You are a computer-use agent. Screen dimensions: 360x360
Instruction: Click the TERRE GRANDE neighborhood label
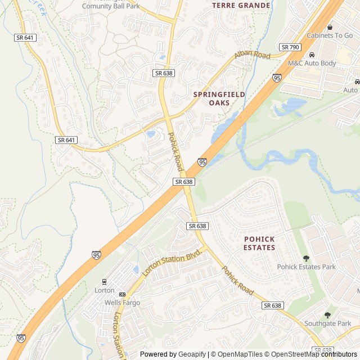[x=241, y=5]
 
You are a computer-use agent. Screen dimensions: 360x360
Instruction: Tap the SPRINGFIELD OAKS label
[x=219, y=99]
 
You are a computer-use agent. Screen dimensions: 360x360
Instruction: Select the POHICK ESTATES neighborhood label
[x=259, y=243]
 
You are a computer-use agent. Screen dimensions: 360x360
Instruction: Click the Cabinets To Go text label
[x=329, y=35]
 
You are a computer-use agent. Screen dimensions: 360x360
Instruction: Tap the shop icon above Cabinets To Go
[x=330, y=26]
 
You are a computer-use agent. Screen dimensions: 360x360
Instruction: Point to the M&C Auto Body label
[x=312, y=64]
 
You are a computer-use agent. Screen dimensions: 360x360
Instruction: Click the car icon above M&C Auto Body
[x=312, y=55]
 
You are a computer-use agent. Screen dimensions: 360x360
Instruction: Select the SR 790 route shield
[x=290, y=47]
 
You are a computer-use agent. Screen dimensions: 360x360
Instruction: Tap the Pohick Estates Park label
[x=306, y=267]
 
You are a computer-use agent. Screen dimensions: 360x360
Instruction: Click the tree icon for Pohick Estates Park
[x=306, y=258]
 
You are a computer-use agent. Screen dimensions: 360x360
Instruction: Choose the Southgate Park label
[x=327, y=323]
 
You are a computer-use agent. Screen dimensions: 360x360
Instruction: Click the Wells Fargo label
[x=122, y=303]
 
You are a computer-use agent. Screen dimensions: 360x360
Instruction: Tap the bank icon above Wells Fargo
[x=122, y=294]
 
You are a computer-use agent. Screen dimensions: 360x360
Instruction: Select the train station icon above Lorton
[x=104, y=281]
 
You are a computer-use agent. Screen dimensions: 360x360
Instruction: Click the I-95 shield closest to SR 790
[x=277, y=78]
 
